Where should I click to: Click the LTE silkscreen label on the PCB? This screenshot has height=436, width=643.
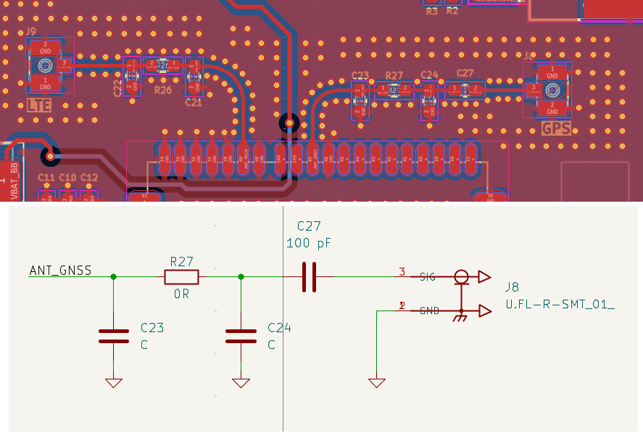click(39, 105)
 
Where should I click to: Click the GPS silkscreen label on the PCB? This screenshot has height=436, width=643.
click(556, 128)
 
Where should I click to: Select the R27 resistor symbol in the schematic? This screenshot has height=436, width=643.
click(181, 276)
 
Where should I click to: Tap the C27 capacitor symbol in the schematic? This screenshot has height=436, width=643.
click(310, 276)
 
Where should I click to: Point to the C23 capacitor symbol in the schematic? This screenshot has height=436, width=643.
click(113, 336)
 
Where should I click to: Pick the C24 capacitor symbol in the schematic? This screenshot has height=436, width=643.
click(241, 336)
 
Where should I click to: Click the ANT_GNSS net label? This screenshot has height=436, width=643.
click(60, 271)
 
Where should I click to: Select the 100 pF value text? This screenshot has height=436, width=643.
click(308, 244)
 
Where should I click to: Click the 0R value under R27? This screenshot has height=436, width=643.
click(181, 295)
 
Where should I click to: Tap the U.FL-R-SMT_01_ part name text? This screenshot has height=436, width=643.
click(560, 305)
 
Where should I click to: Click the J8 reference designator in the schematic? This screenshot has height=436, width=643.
click(513, 288)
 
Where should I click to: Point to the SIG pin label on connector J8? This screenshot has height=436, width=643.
click(428, 276)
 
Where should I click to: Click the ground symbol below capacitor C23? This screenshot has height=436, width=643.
click(113, 382)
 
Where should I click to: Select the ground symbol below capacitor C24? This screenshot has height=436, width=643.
click(241, 382)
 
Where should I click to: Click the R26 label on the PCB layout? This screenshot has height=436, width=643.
click(163, 90)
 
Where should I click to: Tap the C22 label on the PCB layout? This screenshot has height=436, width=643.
click(118, 88)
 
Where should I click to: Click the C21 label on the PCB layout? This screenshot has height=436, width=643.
click(193, 103)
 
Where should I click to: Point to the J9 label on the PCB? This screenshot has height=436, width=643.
click(30, 31)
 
